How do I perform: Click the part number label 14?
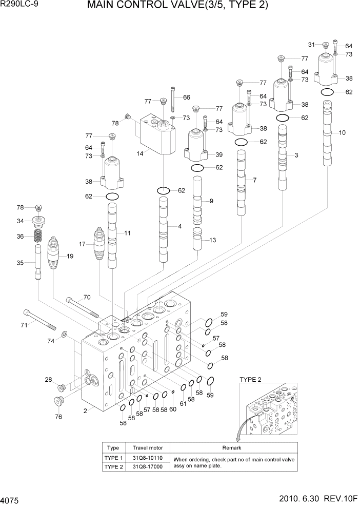tap(139, 153)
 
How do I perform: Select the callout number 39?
tap(219, 154)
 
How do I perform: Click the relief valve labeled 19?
tap(55, 253)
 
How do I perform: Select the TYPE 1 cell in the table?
tap(113, 458)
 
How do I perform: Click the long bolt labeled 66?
tap(173, 100)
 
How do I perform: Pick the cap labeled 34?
tap(38, 222)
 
